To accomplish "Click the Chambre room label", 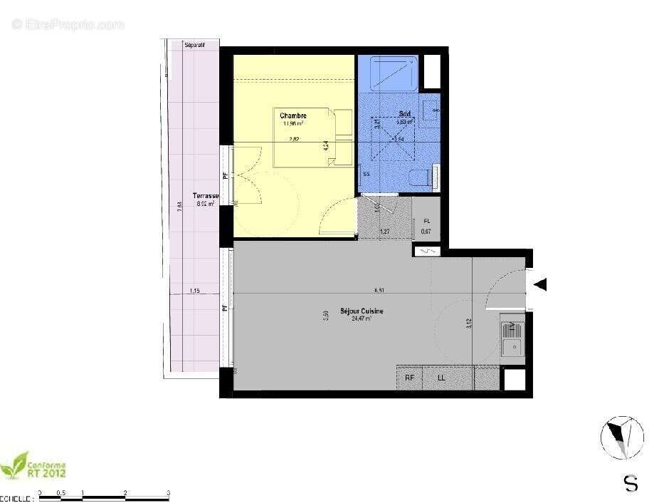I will click(x=292, y=115).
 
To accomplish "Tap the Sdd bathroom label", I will click(x=405, y=114).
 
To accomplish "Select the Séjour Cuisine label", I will click(x=362, y=311).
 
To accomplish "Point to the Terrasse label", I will click(x=205, y=196).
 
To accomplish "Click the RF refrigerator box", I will click(x=410, y=378).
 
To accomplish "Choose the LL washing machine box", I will click(x=441, y=378).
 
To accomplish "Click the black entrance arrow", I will click(x=540, y=285).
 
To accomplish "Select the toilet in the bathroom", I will click(x=422, y=176).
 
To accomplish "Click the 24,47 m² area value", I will click(x=362, y=319).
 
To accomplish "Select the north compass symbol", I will click(x=623, y=436).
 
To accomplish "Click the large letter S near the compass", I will click(x=631, y=484).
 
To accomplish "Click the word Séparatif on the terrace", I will click(x=194, y=45).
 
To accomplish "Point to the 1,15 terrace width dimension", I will click(x=194, y=291).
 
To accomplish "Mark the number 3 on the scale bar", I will click(x=168, y=492).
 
